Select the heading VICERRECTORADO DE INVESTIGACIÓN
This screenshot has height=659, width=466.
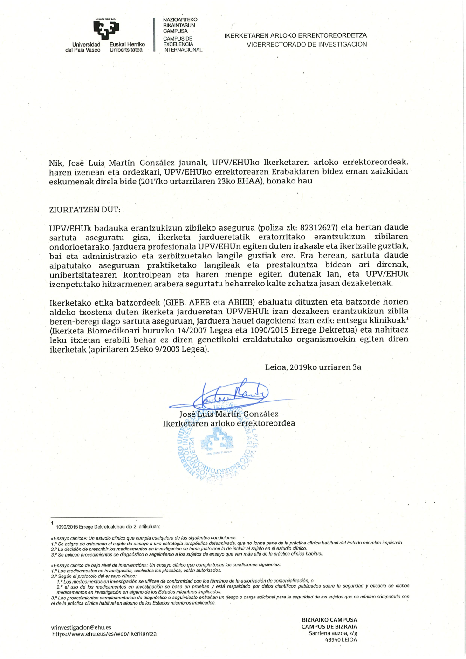(307, 44)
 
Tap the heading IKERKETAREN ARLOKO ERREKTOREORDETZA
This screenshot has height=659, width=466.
(295, 35)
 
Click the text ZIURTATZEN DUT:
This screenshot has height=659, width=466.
(84, 210)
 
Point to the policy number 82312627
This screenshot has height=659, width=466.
(318, 228)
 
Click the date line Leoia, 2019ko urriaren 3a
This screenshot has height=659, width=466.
(313, 367)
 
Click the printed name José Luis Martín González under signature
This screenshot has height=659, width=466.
(229, 414)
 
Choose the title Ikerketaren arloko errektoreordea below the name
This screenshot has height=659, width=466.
(229, 423)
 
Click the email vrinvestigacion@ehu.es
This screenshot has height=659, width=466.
(81, 627)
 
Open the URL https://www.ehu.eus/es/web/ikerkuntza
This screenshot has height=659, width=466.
(104, 634)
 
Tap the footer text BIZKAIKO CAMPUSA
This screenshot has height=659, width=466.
(329, 620)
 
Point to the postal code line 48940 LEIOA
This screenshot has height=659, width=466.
(341, 639)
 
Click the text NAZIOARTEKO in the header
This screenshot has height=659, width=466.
(180, 20)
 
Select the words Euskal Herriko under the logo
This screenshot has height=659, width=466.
(127, 44)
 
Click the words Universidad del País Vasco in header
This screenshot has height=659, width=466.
(83, 47)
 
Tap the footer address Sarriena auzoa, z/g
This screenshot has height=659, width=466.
(333, 633)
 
